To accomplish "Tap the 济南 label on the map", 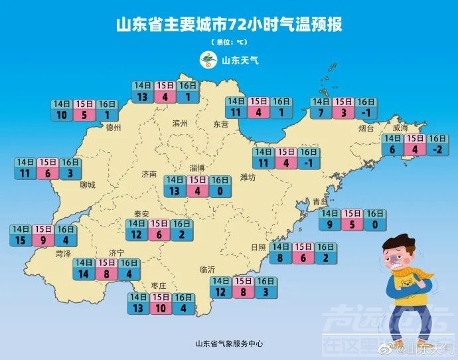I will [x=150, y=174].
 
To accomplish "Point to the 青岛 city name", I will [x=321, y=201].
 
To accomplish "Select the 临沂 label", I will [x=207, y=270].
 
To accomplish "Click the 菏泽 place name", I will [x=63, y=254].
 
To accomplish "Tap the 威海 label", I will [x=400, y=128].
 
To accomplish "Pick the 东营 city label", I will [x=220, y=124].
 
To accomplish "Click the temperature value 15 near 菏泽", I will [x=21, y=240].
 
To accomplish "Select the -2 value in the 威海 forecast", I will [x=437, y=150].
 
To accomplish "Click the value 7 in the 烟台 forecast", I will [x=321, y=113].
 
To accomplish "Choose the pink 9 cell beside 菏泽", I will [x=43, y=240].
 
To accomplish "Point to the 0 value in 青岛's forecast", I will [x=374, y=225].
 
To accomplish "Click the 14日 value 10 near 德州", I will [x=62, y=115].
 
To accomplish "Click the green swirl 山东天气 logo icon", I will [x=210, y=60].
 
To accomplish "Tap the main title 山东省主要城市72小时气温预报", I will [x=229, y=26].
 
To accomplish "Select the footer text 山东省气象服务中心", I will [x=229, y=343].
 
